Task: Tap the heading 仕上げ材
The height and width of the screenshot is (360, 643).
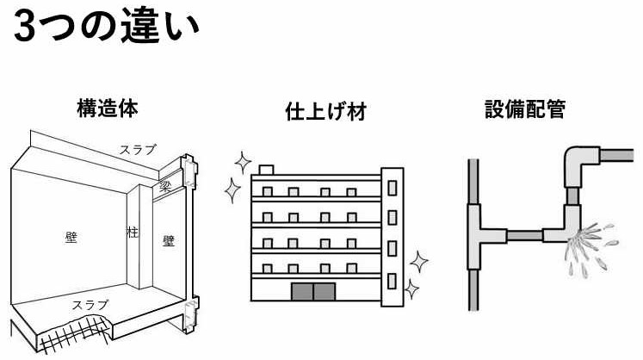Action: coord(325,112)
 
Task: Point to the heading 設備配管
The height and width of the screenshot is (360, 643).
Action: coord(524,110)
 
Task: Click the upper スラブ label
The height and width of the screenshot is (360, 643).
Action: coord(138,150)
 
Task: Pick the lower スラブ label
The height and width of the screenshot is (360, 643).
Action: coord(91,305)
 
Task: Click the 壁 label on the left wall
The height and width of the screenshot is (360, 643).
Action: coord(71,235)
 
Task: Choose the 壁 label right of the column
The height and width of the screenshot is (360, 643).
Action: coord(169,242)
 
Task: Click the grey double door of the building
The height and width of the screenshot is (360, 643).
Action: coord(314,290)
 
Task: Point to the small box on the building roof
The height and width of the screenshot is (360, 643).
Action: coord(266,169)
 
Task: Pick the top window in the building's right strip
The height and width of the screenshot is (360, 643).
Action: coord(393,185)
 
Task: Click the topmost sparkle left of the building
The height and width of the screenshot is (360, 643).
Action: coord(242,160)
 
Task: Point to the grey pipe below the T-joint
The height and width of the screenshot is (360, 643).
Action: coord(471,285)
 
